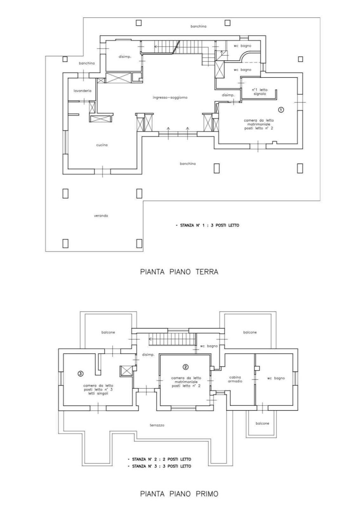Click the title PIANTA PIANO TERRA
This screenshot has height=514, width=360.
pyautogui.click(x=179, y=272)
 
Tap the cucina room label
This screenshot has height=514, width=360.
pyautogui.click(x=102, y=145)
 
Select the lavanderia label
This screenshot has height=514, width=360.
pyautogui.click(x=82, y=91)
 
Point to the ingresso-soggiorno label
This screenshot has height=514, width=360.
pyautogui.click(x=170, y=98)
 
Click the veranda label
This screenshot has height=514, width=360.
pyautogui.click(x=101, y=216)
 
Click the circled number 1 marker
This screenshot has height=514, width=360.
pyautogui.click(x=281, y=110)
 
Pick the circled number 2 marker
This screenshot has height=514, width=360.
pyautogui.click(x=185, y=367)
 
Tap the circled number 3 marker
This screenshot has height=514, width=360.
pyautogui.click(x=80, y=374)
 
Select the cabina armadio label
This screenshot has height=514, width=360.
pyautogui.click(x=235, y=379)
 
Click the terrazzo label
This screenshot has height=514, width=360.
pyautogui.click(x=157, y=425)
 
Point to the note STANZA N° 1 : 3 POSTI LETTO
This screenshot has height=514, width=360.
pyautogui.click(x=207, y=225)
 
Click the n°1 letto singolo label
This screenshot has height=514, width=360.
pyautogui.click(x=260, y=92)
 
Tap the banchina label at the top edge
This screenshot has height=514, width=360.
pyautogui.click(x=198, y=26)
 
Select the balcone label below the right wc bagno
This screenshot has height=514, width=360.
pyautogui.click(x=262, y=423)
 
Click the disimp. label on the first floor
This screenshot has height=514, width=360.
pyautogui.click(x=148, y=355)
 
